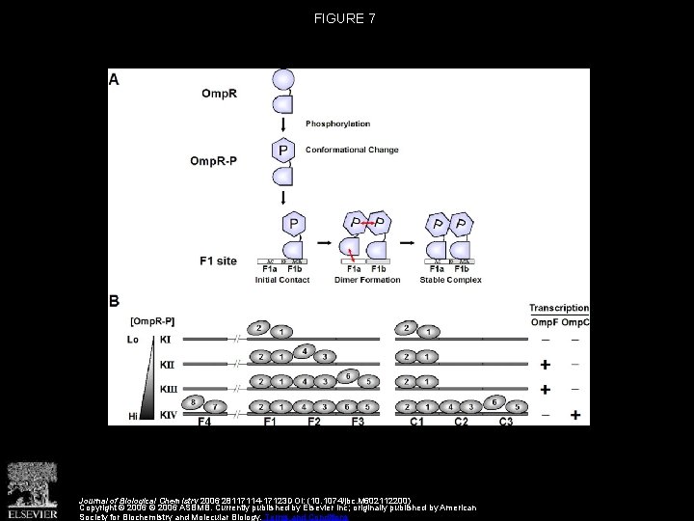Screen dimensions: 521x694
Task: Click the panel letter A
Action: point(115,81)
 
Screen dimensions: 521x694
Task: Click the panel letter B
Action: point(115,302)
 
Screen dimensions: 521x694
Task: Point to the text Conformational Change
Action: point(351,150)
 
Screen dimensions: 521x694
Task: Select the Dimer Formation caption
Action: point(360,281)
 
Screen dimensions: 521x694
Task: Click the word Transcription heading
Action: point(559,308)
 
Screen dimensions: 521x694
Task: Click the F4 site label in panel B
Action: point(204,422)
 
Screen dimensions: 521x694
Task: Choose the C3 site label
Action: point(505,422)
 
